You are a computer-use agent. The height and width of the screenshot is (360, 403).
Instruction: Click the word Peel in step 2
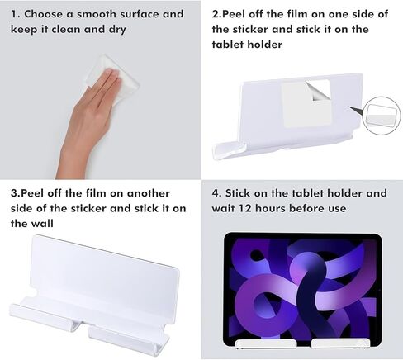(x=234, y=14)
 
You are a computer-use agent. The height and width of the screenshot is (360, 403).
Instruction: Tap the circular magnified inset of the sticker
(x=382, y=116)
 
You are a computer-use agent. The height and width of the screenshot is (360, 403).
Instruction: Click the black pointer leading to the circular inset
(x=357, y=111)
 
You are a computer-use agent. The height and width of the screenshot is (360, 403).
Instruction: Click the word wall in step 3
(x=41, y=224)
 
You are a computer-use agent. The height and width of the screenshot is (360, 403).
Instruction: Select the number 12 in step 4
(x=245, y=208)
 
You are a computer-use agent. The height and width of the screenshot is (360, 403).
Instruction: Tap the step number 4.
(x=216, y=193)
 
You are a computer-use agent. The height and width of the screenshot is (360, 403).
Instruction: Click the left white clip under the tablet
(x=266, y=344)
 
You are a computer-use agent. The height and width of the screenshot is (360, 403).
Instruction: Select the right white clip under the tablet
(x=340, y=344)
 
